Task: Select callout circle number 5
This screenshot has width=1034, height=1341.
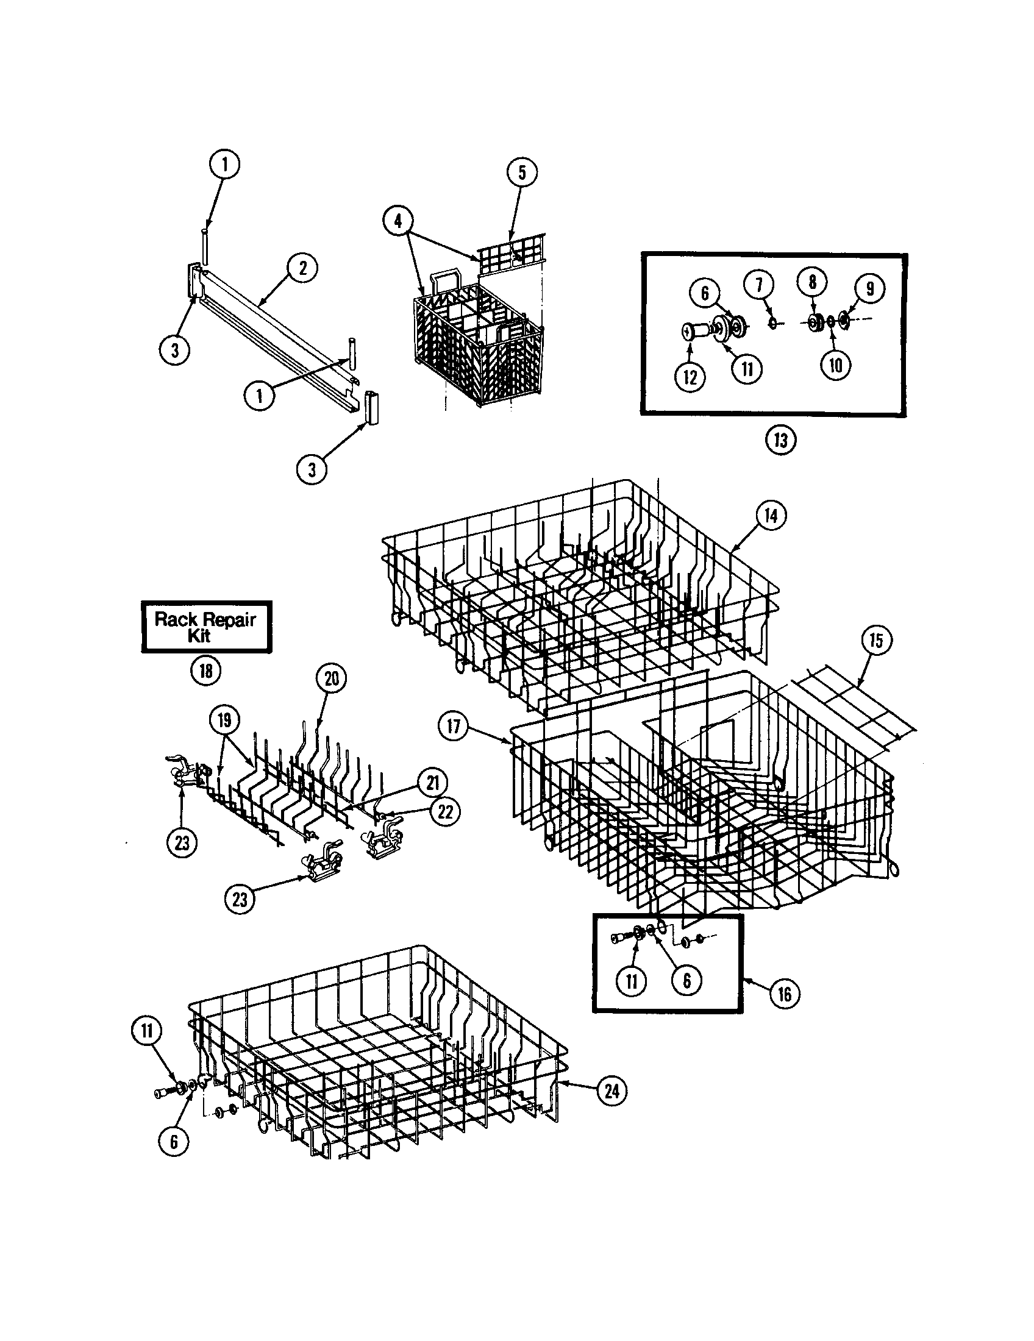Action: [x=522, y=173]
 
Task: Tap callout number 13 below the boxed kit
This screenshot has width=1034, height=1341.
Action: [x=781, y=439]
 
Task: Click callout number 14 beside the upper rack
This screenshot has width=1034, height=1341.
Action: [x=771, y=515]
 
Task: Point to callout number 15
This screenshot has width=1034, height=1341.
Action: [x=875, y=641]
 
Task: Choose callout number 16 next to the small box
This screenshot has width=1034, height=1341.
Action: [x=785, y=993]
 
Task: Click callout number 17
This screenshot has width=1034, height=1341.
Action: [x=454, y=727]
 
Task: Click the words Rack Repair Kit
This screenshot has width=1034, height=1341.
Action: [x=204, y=627]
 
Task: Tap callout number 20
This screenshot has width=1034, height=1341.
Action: [x=332, y=679]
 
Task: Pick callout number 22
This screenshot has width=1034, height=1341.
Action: [x=444, y=812]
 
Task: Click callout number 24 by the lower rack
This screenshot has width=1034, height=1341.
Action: [x=612, y=1090]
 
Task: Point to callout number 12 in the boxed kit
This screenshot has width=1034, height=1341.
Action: [x=690, y=377]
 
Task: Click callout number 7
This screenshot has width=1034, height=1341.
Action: [x=759, y=285]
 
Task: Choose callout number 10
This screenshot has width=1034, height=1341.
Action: [x=836, y=365]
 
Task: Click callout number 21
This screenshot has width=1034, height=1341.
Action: [x=433, y=783]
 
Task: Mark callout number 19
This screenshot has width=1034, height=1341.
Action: [x=224, y=720]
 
